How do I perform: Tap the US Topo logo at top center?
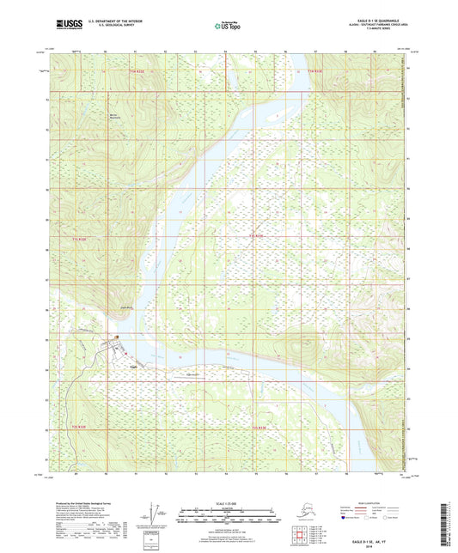click(x=228, y=27)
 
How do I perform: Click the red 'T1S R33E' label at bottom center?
click(x=268, y=427)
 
